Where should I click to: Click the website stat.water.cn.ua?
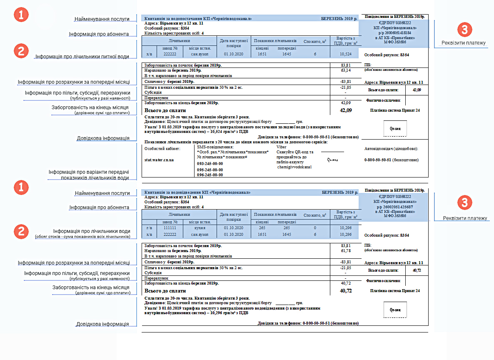click(x=159, y=160)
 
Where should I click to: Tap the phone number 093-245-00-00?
click(x=210, y=164)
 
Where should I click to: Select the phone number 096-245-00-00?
click(x=210, y=175)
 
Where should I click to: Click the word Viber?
click(x=282, y=147)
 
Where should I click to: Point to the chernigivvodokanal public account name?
click(x=294, y=167)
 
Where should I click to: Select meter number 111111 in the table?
click(x=170, y=228)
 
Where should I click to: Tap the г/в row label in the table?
click(x=150, y=228)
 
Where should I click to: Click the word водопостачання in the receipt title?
click(x=183, y=19)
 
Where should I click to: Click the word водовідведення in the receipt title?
click(x=184, y=192)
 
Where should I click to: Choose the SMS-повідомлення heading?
click(x=215, y=147)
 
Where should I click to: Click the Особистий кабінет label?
click(x=162, y=149)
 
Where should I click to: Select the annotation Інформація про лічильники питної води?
click(x=82, y=56)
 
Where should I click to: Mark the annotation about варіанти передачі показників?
click(x=88, y=175)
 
